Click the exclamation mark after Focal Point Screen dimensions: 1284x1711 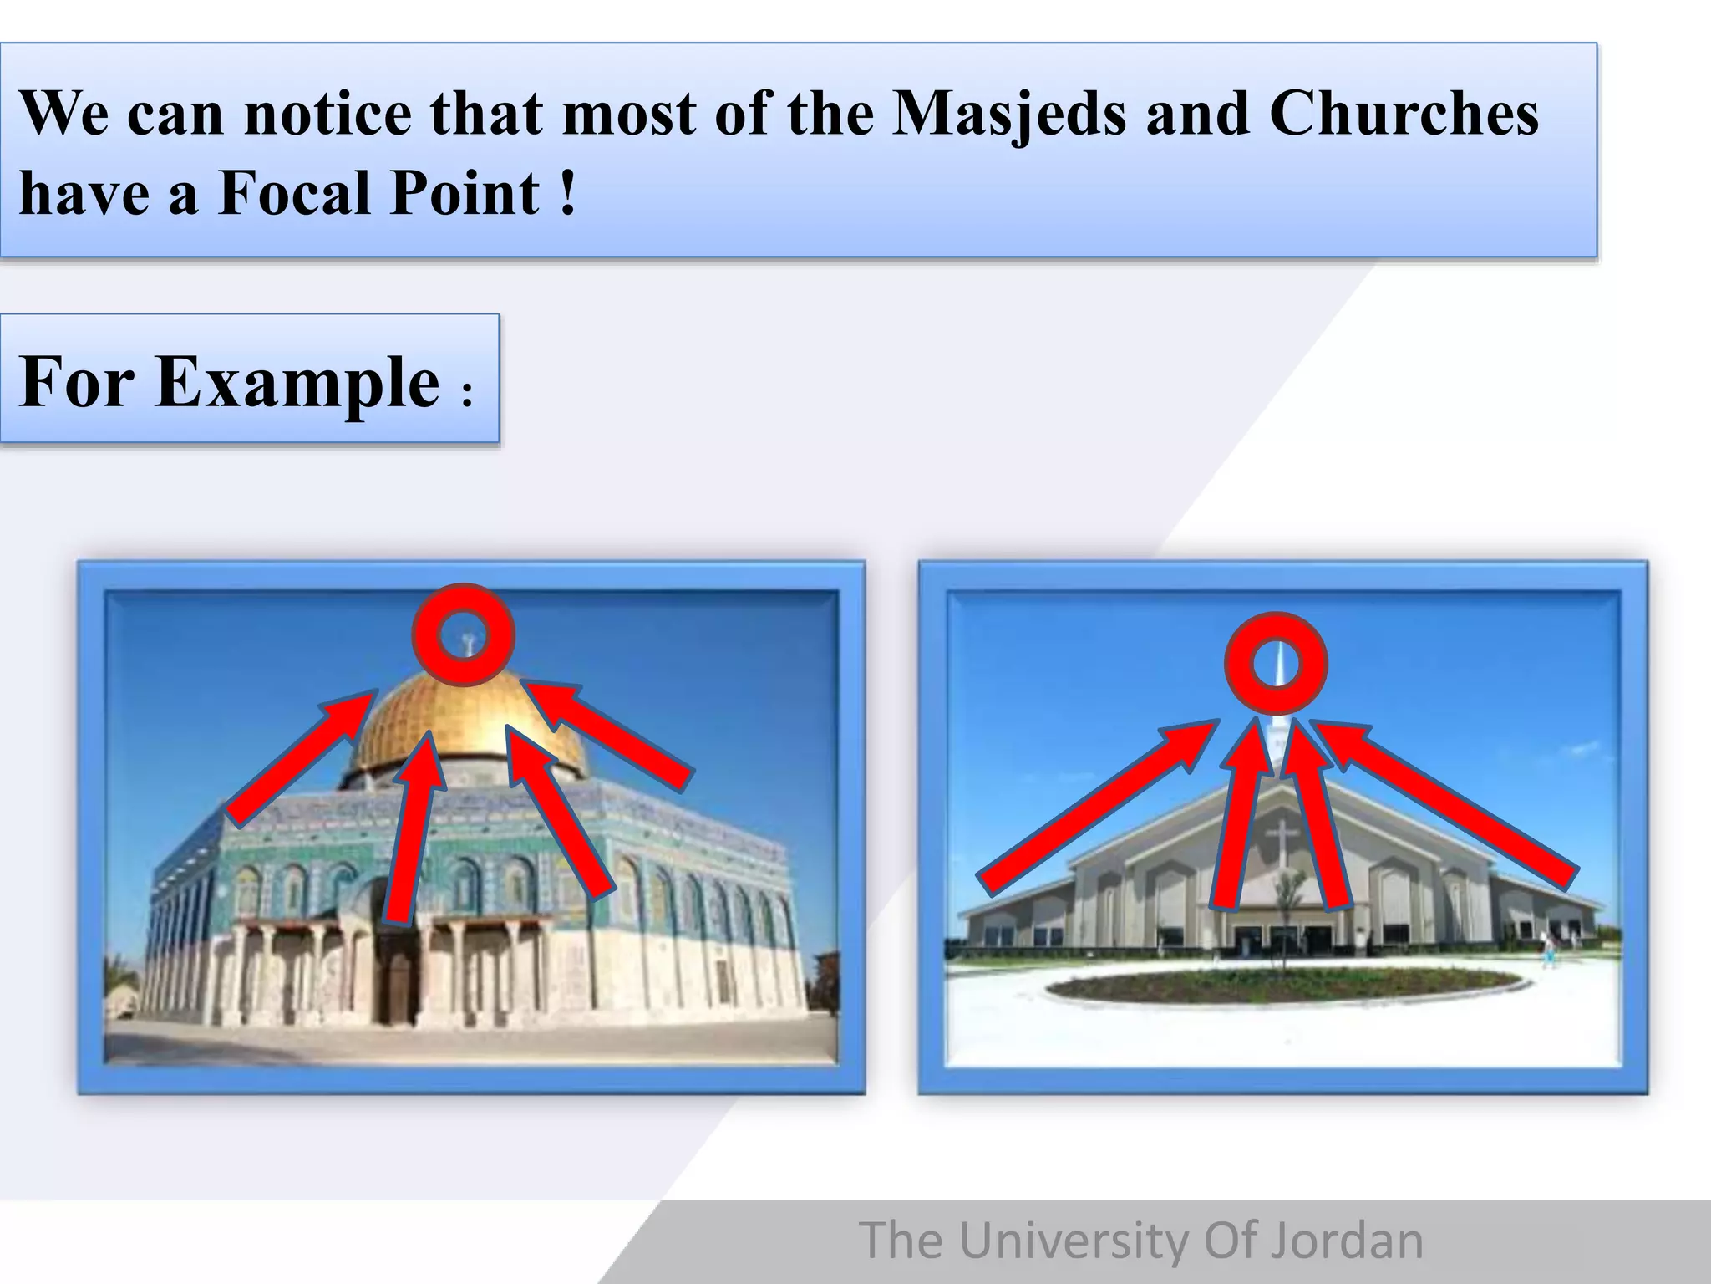tap(568, 193)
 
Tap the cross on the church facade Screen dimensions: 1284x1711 tap(1280, 840)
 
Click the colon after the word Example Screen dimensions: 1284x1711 tap(467, 393)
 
